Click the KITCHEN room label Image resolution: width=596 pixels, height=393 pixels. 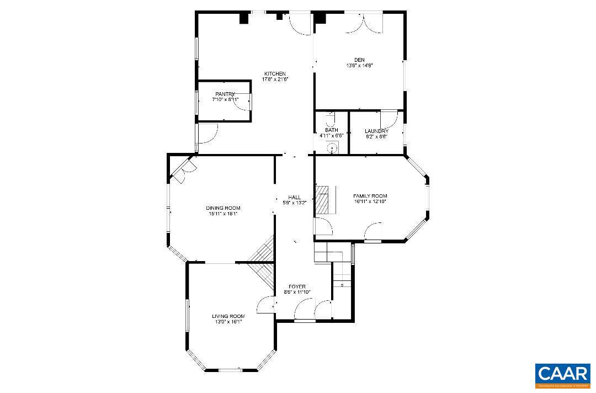pyautogui.click(x=275, y=74)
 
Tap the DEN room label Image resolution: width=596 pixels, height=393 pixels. pyautogui.click(x=359, y=60)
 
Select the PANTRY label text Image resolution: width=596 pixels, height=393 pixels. pyautogui.click(x=225, y=94)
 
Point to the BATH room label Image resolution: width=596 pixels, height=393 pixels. pyautogui.click(x=331, y=130)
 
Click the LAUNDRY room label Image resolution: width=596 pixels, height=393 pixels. pyautogui.click(x=376, y=131)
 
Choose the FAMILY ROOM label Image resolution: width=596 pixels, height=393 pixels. pyautogui.click(x=370, y=196)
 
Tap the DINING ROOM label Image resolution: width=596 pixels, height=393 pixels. pyautogui.click(x=223, y=208)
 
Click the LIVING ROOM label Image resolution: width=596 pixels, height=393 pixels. pyautogui.click(x=228, y=316)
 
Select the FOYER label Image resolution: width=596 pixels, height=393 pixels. pyautogui.click(x=297, y=286)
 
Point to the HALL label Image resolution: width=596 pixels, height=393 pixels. pyautogui.click(x=294, y=197)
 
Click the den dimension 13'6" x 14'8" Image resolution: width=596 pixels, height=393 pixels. pyautogui.click(x=359, y=66)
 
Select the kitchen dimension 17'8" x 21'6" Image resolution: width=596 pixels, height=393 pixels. pyautogui.click(x=275, y=79)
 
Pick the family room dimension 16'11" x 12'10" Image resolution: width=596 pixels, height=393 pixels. pyautogui.click(x=370, y=201)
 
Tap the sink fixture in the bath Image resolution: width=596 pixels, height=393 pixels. pyautogui.click(x=332, y=147)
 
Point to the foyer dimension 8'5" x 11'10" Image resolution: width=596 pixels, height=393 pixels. pyautogui.click(x=297, y=292)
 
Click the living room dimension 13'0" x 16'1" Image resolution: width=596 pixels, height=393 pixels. pyautogui.click(x=228, y=322)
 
